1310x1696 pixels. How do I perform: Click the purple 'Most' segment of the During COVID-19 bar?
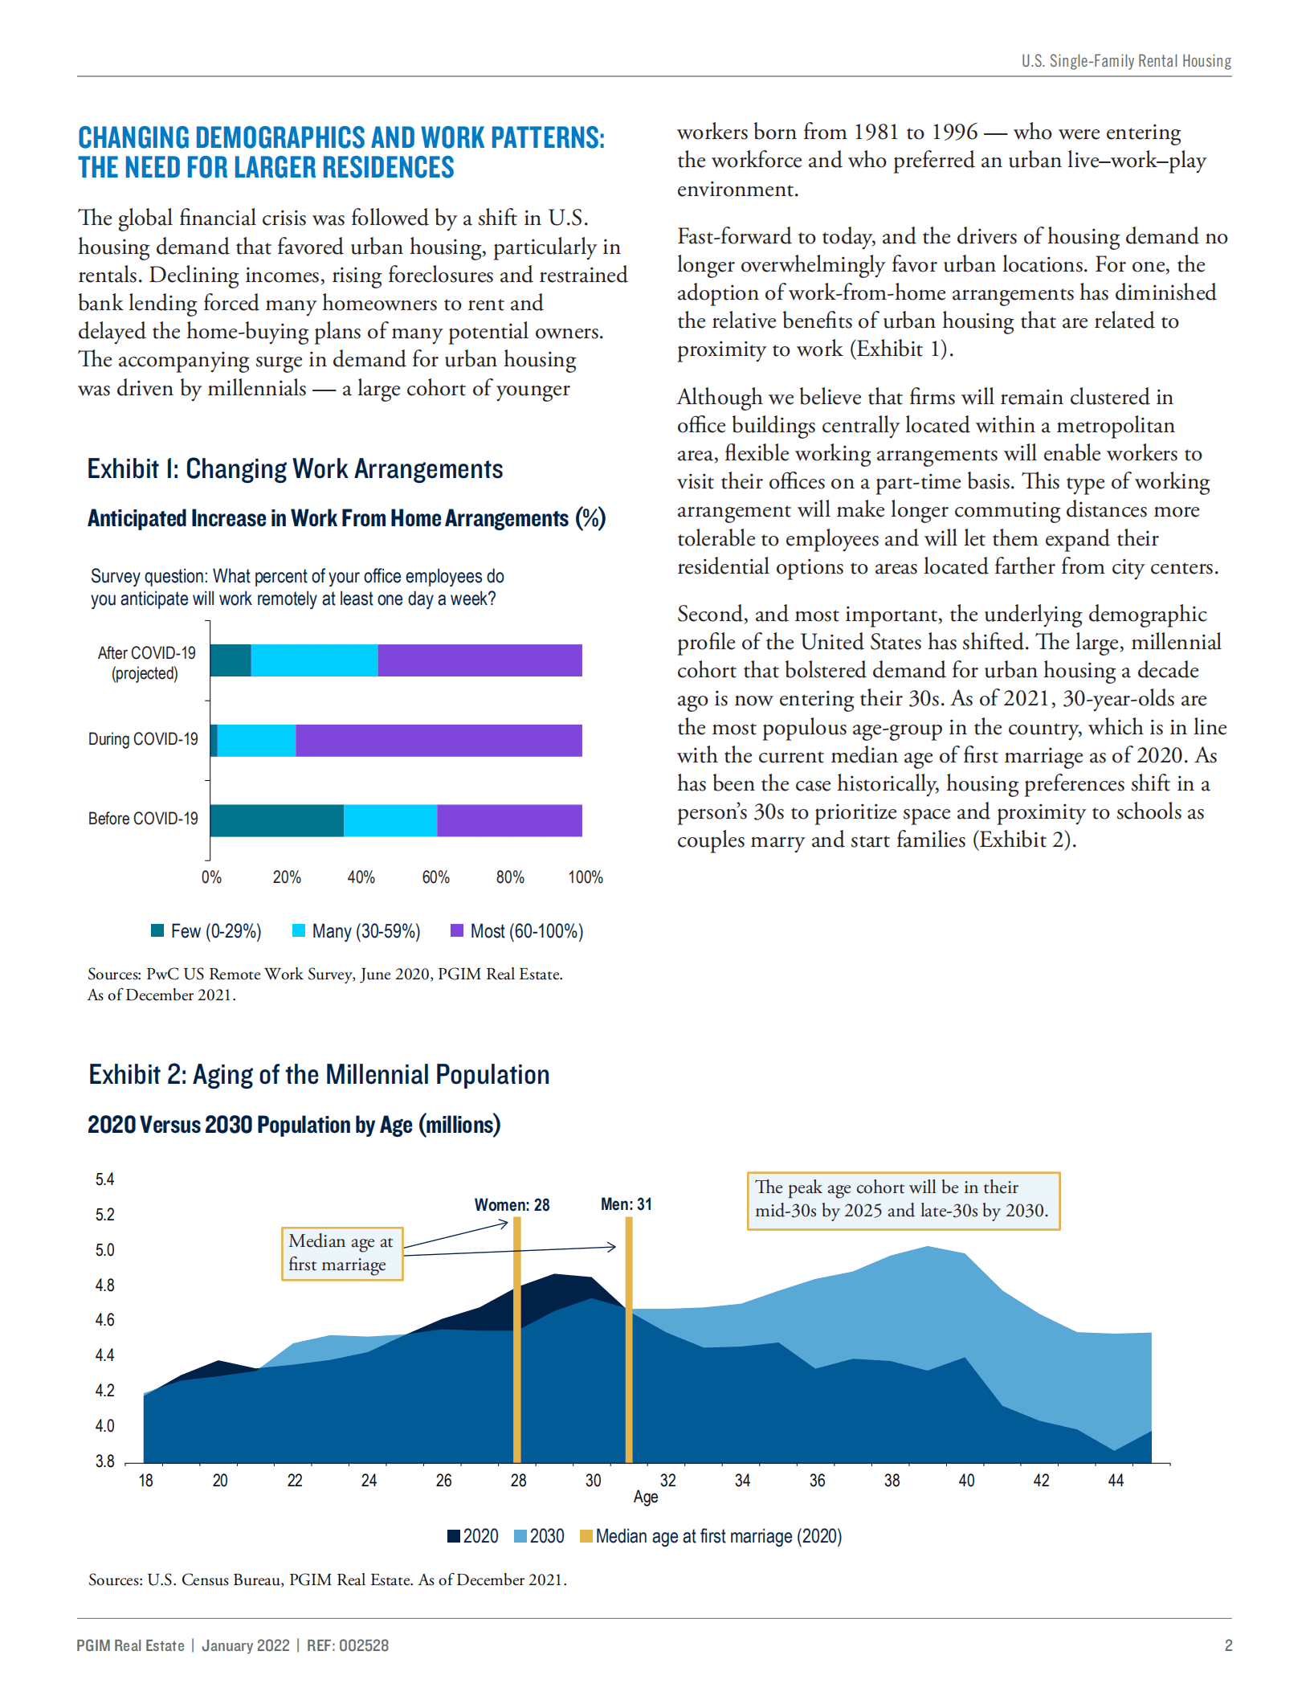click(x=439, y=740)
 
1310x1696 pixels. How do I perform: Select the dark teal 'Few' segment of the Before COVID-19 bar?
click(x=277, y=820)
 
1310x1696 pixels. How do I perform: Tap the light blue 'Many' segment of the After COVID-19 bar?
click(x=314, y=660)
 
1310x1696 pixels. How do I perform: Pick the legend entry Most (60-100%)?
click(x=517, y=931)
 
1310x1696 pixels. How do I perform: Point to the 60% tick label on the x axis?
click(x=435, y=877)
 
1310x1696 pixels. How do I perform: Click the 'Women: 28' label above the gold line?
click(x=512, y=1205)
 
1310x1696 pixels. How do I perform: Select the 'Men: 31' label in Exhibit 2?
click(x=626, y=1204)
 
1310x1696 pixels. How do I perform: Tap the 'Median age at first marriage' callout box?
click(x=341, y=1253)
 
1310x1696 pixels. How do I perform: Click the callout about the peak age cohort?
click(x=903, y=1199)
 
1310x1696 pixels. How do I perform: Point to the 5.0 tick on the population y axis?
click(x=104, y=1250)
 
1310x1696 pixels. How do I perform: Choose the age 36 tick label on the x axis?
click(x=817, y=1481)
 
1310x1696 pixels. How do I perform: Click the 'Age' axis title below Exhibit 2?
click(x=645, y=1497)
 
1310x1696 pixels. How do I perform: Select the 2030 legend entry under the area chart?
click(x=539, y=1536)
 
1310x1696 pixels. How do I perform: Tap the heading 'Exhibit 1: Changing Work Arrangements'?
click(x=295, y=468)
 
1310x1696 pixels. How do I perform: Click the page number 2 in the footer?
click(x=1227, y=1645)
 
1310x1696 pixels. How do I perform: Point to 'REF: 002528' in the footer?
click(x=347, y=1645)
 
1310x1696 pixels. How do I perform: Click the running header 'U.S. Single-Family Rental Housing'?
click(x=1125, y=61)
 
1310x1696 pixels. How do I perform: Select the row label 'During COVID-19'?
click(x=143, y=739)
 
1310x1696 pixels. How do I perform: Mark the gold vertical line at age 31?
click(x=628, y=1350)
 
